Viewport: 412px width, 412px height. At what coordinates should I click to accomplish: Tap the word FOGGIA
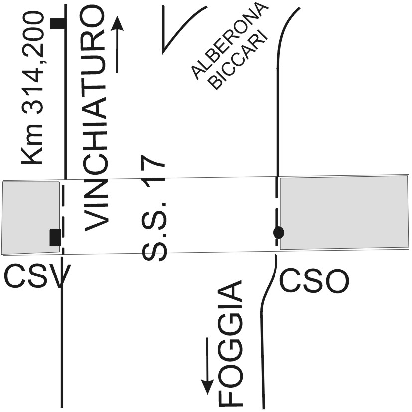coord(231,344)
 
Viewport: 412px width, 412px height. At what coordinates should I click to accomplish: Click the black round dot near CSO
coord(278,232)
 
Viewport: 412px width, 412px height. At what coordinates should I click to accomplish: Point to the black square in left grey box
coord(55,237)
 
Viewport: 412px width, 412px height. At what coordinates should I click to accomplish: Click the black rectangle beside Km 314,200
coord(59,23)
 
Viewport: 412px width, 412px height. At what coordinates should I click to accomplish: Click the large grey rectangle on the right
coord(344,212)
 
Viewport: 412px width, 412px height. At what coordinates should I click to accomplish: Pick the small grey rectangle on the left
coord(30,218)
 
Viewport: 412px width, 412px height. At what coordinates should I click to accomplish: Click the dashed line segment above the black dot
coord(277,202)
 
